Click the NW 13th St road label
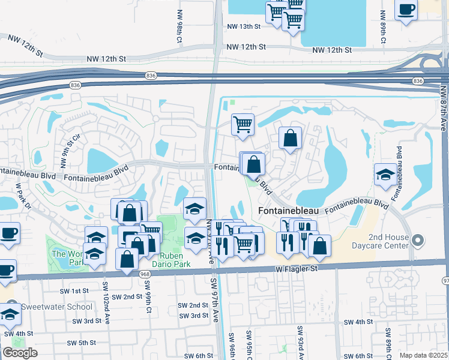pyautogui.click(x=244, y=26)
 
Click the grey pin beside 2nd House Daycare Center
pyautogui.click(x=419, y=241)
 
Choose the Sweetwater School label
pyautogui.click(x=57, y=307)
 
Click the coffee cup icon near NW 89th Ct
pyautogui.click(x=406, y=10)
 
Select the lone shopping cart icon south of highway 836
pyautogui.click(x=243, y=125)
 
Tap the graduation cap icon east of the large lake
pyautogui.click(x=385, y=175)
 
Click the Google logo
pyautogui.click(x=20, y=353)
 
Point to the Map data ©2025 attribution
pyautogui.click(x=423, y=355)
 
